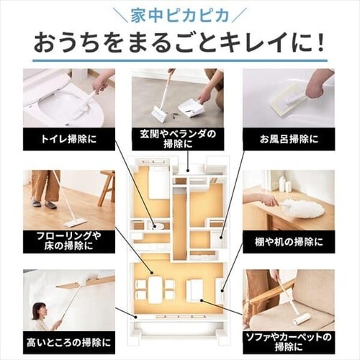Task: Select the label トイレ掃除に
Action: [69, 139]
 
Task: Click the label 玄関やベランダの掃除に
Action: [178, 139]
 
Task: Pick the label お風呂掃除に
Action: [289, 139]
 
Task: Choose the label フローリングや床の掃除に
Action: [69, 240]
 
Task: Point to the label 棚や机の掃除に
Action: [289, 242]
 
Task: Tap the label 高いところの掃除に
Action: [69, 343]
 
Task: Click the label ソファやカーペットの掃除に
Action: [289, 342]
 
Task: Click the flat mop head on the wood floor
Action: [75, 223]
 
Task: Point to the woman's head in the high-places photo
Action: [39, 310]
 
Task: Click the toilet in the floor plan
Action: [158, 225]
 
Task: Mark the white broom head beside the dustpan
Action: [157, 113]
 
